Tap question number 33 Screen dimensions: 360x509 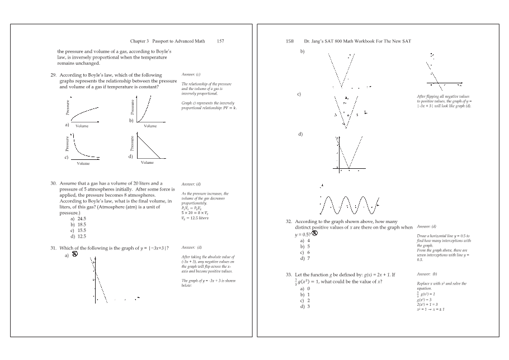289,275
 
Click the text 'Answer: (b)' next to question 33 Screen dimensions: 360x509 427,274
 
